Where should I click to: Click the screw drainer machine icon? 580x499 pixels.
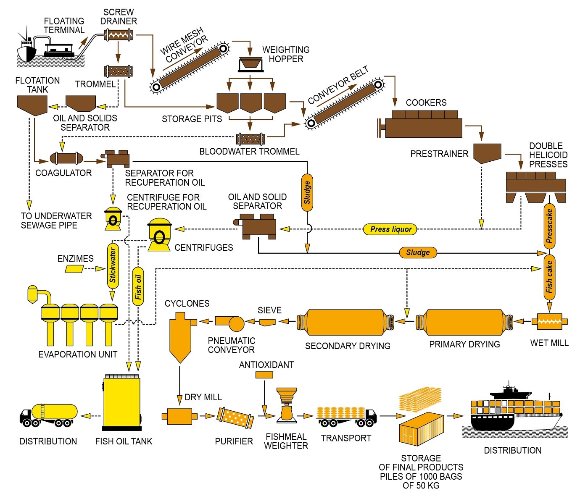pyautogui.click(x=118, y=34)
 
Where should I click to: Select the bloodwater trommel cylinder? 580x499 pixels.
pyautogui.click(x=250, y=139)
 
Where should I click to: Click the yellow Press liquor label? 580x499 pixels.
pyautogui.click(x=390, y=229)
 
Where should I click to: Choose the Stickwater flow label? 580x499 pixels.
pyautogui.click(x=113, y=265)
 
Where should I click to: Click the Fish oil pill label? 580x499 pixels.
pyautogui.click(x=138, y=287)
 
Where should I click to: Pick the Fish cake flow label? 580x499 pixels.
pyautogui.click(x=549, y=277)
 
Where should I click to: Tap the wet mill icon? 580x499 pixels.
pyautogui.click(x=550, y=322)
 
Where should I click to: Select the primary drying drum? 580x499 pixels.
pyautogui.click(x=464, y=322)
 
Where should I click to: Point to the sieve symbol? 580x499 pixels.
pyautogui.click(x=267, y=322)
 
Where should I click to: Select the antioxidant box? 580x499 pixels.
pyautogui.click(x=264, y=375)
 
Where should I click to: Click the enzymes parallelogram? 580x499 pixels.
pyautogui.click(x=74, y=269)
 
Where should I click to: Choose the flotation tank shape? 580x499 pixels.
pyautogui.click(x=32, y=105)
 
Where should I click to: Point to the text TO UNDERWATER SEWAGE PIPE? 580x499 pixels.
pyautogui.click(x=56, y=221)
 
